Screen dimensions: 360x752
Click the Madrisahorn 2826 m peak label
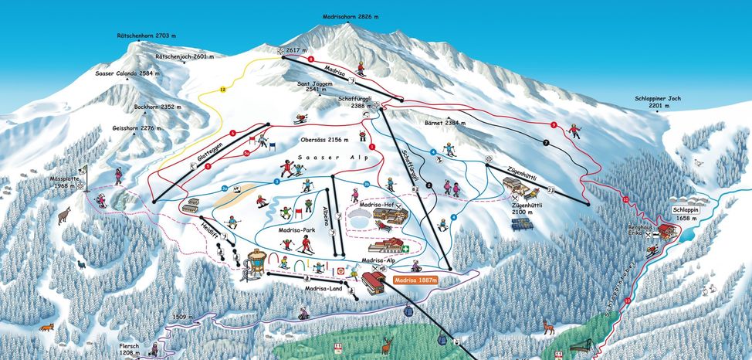point(351,16)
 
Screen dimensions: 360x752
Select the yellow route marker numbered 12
point(223,90)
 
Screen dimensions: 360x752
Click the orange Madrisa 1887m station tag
point(415,281)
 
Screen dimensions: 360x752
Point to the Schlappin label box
point(686,209)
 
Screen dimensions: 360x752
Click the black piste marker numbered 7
point(546,144)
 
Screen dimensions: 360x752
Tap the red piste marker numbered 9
point(554,125)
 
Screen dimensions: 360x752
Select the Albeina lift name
point(327,216)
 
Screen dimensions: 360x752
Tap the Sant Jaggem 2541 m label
point(319,86)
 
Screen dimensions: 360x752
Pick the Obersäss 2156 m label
point(323,140)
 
